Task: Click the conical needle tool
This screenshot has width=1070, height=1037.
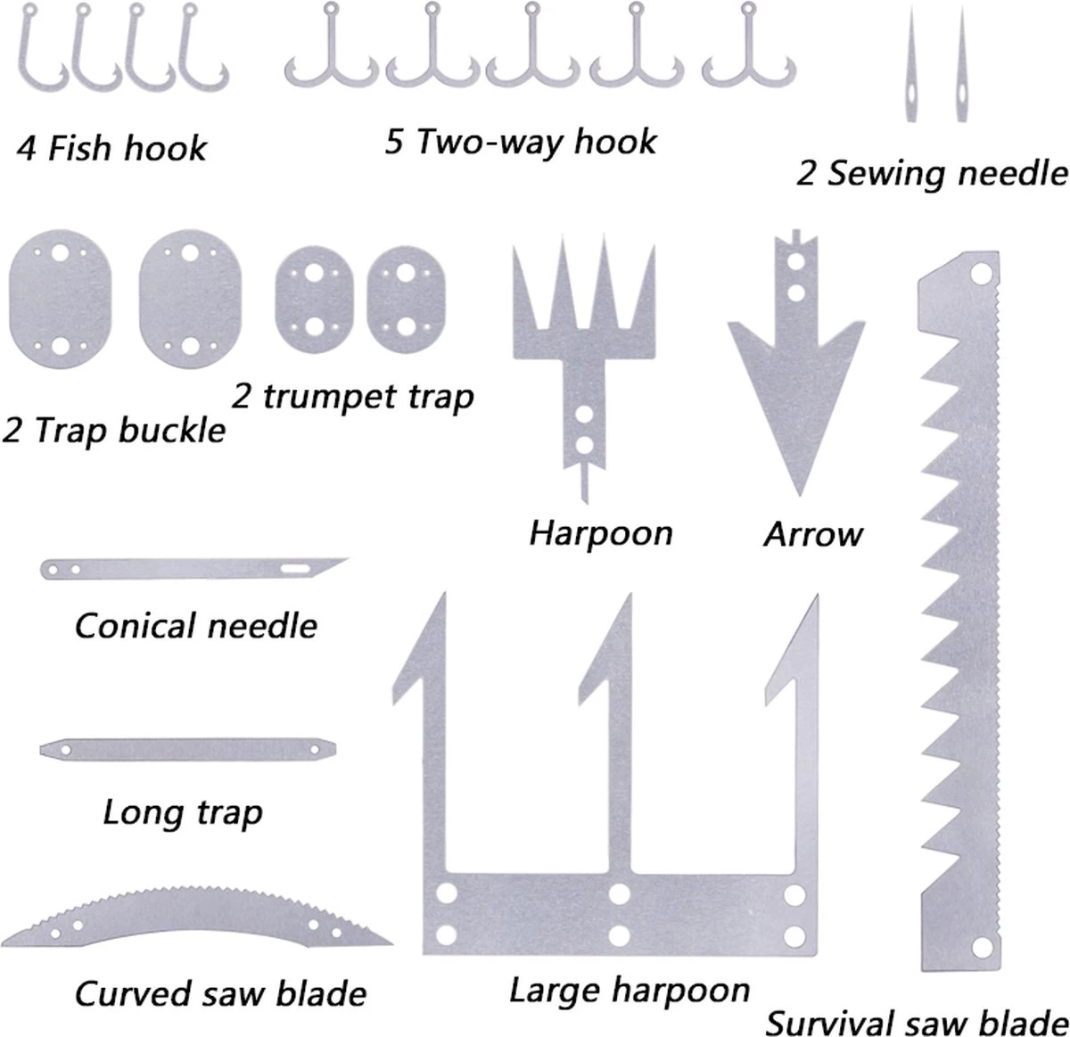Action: pos(192,568)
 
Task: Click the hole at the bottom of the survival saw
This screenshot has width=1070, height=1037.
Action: pos(984,944)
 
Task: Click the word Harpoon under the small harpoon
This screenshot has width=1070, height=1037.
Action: pos(600,534)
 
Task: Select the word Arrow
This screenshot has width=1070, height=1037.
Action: pos(813,535)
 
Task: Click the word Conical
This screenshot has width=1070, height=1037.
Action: pos(134,626)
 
